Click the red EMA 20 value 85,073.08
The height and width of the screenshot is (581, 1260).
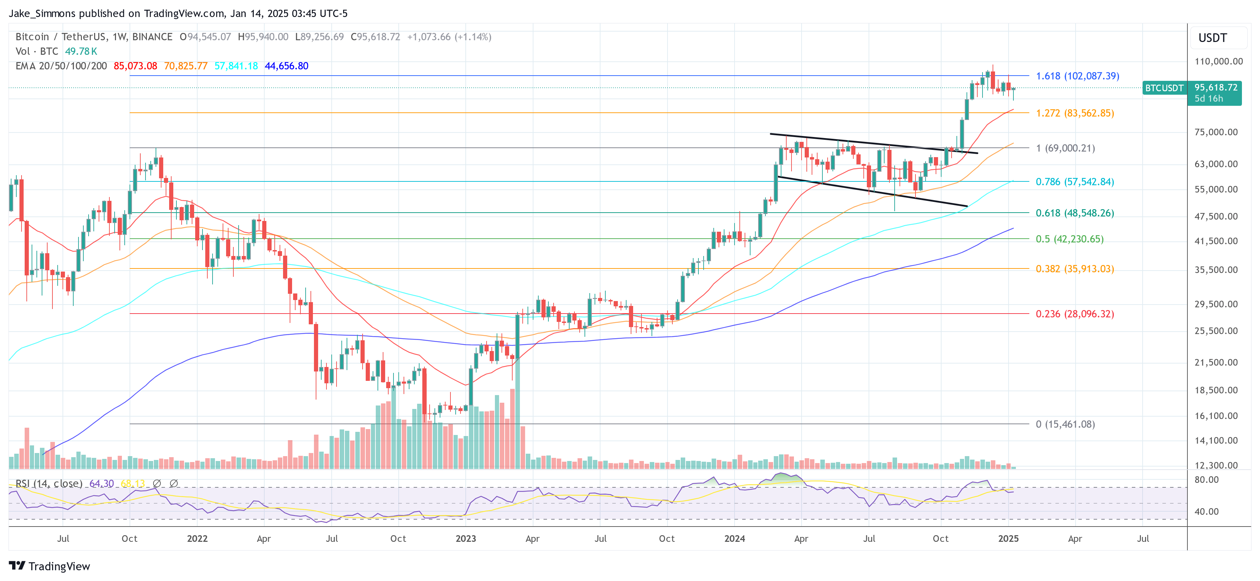pos(135,66)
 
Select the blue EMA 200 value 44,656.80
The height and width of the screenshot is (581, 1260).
pos(286,66)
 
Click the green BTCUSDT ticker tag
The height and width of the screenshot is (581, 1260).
pos(1164,88)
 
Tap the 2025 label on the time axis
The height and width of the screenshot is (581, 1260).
pos(1008,538)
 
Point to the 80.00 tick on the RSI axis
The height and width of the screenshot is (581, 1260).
pos(1207,480)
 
